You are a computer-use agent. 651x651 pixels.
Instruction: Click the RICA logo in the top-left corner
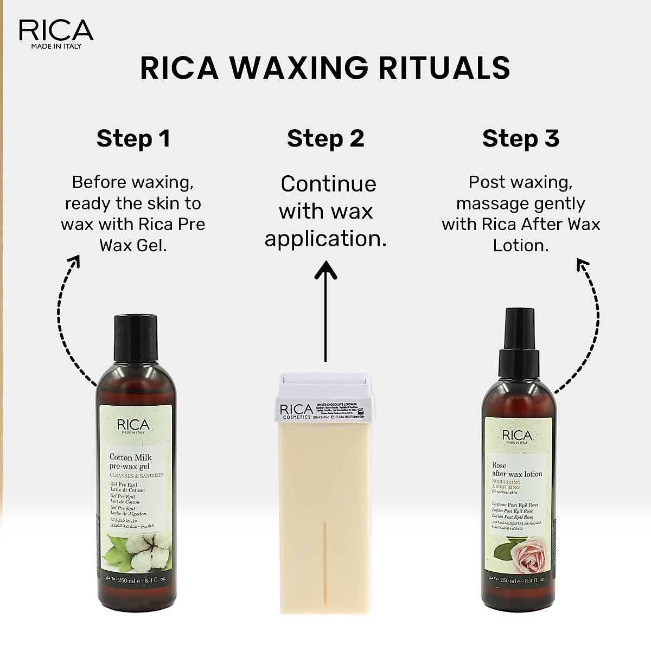pyautogui.click(x=56, y=31)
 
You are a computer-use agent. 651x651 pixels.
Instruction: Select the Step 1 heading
pyautogui.click(x=133, y=139)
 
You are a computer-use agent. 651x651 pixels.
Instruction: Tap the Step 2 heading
pyautogui.click(x=325, y=139)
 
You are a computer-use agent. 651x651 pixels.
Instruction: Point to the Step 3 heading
pyautogui.click(x=520, y=139)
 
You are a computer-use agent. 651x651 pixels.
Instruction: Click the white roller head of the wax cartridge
pyautogui.click(x=325, y=386)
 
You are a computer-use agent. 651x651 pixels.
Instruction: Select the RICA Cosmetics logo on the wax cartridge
pyautogui.click(x=296, y=411)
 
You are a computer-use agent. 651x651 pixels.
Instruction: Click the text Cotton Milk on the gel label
pyautogui.click(x=131, y=457)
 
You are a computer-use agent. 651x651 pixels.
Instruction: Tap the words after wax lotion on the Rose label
pyautogui.click(x=517, y=474)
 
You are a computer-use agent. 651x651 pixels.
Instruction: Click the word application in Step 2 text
pyautogui.click(x=325, y=239)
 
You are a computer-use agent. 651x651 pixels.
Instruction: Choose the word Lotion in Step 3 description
pyautogui.click(x=520, y=245)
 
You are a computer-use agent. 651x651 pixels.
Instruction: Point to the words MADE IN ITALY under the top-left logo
pyautogui.click(x=56, y=46)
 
